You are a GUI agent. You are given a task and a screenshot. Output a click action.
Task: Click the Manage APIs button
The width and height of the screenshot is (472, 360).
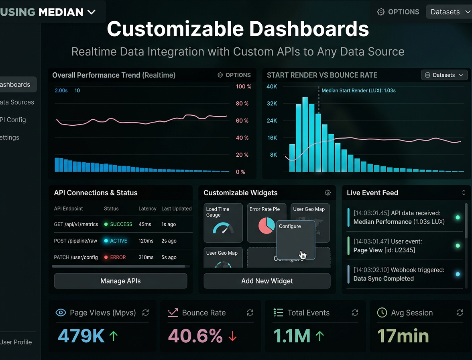[x=120, y=281]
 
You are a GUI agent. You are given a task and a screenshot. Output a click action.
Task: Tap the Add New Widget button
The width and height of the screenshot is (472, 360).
[x=267, y=281]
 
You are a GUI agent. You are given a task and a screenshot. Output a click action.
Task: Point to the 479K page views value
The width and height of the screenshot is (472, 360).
[x=81, y=336]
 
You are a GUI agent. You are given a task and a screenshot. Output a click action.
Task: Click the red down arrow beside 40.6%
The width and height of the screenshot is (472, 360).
[x=232, y=336]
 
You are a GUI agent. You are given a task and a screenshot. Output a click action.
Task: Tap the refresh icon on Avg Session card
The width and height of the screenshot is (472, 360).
[x=460, y=313]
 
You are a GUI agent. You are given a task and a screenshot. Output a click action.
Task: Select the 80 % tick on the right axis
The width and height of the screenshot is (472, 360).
[x=242, y=103]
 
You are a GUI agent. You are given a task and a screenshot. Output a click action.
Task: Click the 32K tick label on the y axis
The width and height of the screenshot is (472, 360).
[x=272, y=103]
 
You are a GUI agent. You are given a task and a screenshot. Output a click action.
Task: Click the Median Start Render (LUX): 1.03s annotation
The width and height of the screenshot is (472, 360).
[x=358, y=90]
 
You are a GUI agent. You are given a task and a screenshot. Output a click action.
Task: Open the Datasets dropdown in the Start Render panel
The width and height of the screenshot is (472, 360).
[x=444, y=75]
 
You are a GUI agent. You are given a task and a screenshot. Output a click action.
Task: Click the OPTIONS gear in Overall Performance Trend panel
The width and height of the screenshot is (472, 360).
[x=234, y=75]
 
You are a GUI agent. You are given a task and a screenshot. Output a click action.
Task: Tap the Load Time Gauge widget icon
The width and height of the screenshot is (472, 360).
[x=223, y=229]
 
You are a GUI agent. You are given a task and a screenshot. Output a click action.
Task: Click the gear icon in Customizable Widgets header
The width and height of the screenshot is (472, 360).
[x=328, y=192]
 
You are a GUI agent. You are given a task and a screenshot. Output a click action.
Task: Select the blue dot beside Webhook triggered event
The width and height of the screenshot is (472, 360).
[x=458, y=274]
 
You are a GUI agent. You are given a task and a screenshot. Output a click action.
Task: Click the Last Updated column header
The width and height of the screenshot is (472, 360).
[x=176, y=209]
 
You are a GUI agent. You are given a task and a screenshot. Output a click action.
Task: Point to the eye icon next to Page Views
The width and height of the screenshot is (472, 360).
[x=61, y=313]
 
